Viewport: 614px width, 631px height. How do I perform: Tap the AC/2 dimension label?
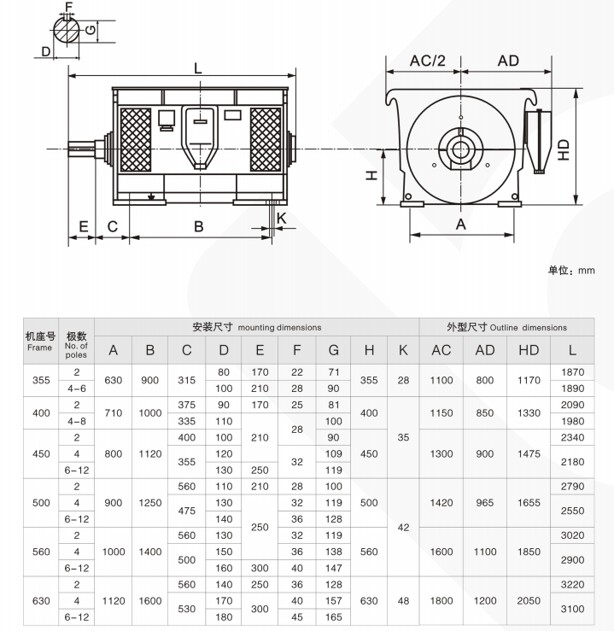tap(428, 61)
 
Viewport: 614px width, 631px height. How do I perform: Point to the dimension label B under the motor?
tap(198, 226)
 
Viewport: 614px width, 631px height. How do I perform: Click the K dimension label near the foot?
tap(282, 219)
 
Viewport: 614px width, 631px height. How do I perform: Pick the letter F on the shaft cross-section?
tap(69, 8)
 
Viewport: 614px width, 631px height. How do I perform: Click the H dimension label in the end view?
tap(371, 175)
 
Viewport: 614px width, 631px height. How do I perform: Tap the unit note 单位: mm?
tap(571, 271)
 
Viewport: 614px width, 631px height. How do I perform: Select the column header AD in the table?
tap(484, 351)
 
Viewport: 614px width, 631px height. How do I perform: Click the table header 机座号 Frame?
tap(39, 342)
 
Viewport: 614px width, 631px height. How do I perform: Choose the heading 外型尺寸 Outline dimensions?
tap(506, 327)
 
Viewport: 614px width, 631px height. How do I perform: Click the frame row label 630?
tap(39, 601)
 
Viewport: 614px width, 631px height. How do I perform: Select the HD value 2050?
tap(529, 600)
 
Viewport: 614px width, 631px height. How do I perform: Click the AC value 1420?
tap(441, 503)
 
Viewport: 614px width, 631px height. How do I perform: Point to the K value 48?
tap(402, 601)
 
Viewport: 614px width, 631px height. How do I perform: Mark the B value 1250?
tap(149, 503)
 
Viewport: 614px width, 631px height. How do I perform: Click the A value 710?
tap(113, 413)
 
